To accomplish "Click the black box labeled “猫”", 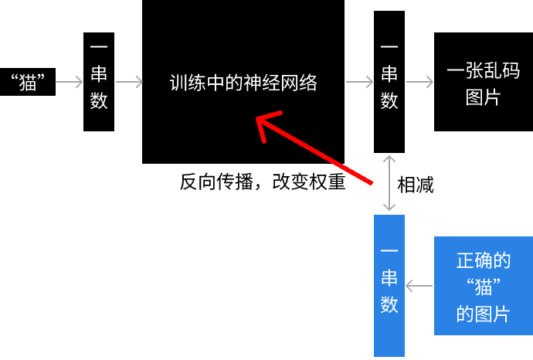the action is coord(28,82).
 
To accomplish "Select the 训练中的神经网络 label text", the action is coord(243,83).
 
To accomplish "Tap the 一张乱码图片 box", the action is coord(484,82).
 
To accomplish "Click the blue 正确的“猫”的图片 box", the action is coord(484,286).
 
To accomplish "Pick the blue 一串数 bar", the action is coord(389,286).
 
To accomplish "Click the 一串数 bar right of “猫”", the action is coord(99,82).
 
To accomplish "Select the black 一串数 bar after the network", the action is coord(389,82).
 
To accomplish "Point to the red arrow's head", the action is coord(258,118).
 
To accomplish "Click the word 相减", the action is coord(416,185).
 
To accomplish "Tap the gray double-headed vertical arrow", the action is coord(389,183).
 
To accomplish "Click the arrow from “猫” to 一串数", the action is coord(69,82).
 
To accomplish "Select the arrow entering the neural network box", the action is coord(129,82).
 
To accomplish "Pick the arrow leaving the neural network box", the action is coord(359,82).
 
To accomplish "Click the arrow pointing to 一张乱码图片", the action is coord(419,82).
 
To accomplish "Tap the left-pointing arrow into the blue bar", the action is coord(419,286).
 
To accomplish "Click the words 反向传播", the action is coord(216,182).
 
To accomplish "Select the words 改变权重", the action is coord(309,182).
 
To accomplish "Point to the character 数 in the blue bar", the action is coord(389,304).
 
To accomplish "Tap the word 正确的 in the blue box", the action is coord(484,260).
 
